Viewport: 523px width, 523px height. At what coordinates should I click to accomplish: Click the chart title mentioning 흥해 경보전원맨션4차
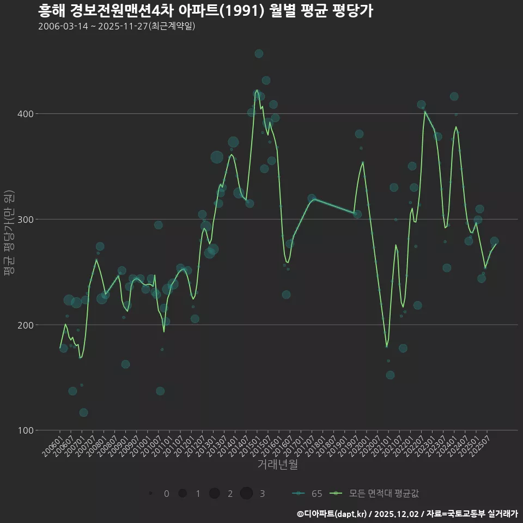(205, 11)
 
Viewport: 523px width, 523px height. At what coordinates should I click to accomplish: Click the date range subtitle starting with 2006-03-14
(117, 26)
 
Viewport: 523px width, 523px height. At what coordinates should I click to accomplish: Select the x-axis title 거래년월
(277, 465)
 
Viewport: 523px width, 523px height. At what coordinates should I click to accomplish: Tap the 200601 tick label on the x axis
(52, 445)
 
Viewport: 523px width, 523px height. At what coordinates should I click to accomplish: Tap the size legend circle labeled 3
(246, 494)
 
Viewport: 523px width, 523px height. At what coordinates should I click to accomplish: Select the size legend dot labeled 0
(150, 494)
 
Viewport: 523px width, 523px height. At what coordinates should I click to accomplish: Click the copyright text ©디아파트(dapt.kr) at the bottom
(332, 514)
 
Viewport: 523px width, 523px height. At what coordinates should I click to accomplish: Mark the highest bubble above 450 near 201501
(259, 53)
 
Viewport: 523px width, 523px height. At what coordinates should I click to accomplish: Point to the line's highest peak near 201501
(257, 90)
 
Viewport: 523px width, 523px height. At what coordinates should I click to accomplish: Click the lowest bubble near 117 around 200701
(83, 412)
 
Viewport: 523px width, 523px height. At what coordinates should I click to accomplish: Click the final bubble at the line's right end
(494, 241)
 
